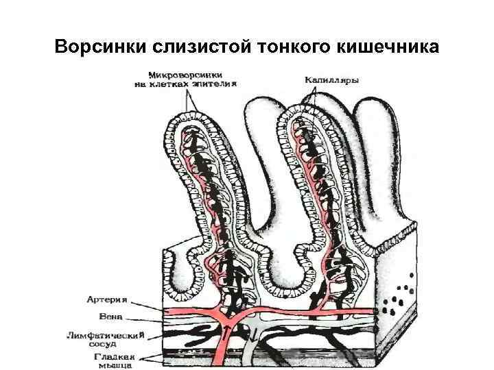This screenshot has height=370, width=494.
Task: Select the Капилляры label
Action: tap(332, 81)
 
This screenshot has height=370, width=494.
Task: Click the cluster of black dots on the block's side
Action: tap(401, 293)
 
